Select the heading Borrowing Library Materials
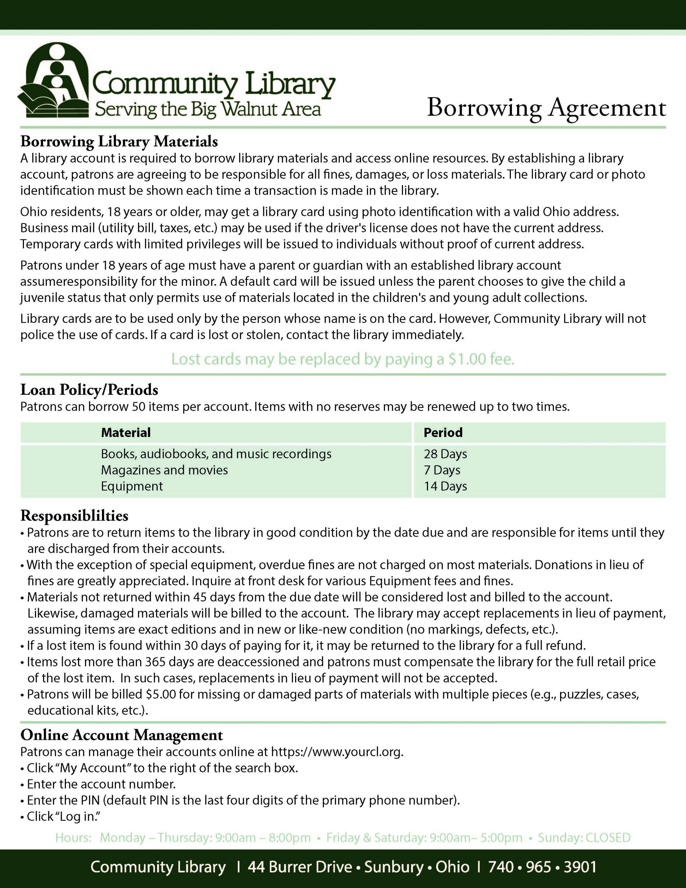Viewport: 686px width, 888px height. click(x=119, y=142)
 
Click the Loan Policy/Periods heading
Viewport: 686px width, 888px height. click(x=89, y=390)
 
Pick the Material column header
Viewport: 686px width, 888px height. click(x=126, y=432)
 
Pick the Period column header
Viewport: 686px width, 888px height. click(x=443, y=432)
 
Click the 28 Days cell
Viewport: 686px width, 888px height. click(x=445, y=454)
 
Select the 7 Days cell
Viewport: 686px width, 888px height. click(x=442, y=470)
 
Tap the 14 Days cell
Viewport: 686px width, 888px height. click(x=445, y=486)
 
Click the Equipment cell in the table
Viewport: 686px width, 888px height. click(x=132, y=486)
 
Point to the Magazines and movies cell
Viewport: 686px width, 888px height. click(x=164, y=470)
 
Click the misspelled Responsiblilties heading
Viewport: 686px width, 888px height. click(x=75, y=515)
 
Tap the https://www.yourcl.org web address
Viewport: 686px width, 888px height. click(x=337, y=752)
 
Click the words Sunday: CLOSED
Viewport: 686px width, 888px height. click(x=584, y=838)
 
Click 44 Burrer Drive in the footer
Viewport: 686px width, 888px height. click(x=300, y=867)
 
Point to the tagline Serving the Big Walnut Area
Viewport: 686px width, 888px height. click(x=208, y=109)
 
